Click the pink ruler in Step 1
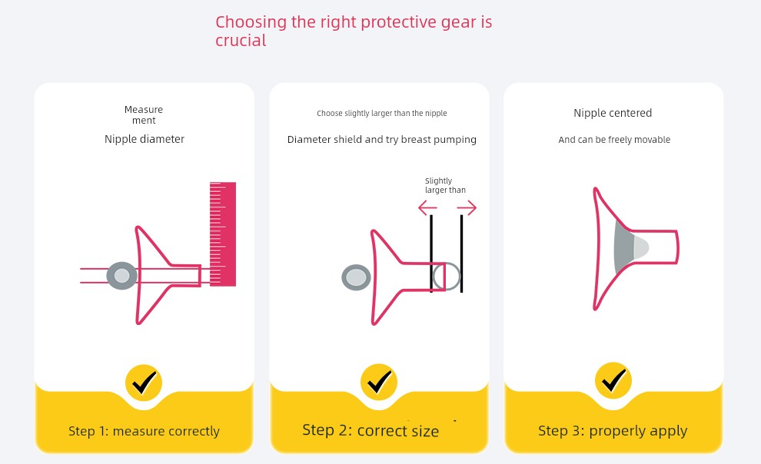point(223,234)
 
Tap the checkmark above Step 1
point(144,383)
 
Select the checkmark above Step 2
point(378,382)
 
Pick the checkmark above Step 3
point(613,380)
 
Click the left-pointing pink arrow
point(427,208)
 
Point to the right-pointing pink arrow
point(467,208)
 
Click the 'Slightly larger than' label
point(445,185)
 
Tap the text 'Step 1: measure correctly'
point(145,431)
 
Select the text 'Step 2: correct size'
point(371,430)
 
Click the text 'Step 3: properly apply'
point(613,431)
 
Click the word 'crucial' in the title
point(241,41)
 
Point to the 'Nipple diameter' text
point(145,139)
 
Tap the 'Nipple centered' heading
point(613,113)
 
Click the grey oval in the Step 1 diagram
point(121,276)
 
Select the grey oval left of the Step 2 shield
point(356,278)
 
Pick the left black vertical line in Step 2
point(431,254)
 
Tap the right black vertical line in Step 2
point(461,254)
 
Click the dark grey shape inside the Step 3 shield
point(623,248)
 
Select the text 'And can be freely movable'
point(614,140)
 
